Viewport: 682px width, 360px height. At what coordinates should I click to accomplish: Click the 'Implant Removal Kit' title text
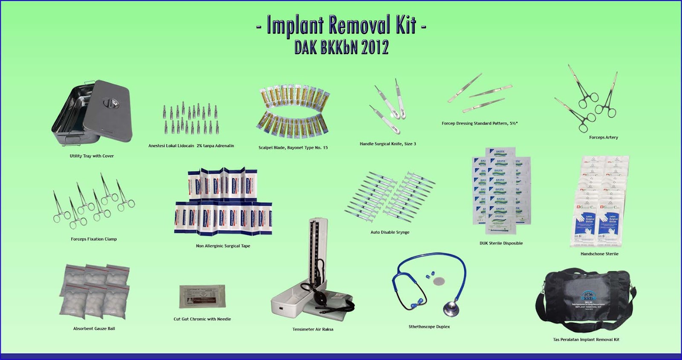(341, 25)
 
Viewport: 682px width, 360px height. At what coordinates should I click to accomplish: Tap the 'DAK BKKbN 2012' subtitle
(341, 47)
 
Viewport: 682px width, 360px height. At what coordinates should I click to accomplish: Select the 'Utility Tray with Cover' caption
(92, 156)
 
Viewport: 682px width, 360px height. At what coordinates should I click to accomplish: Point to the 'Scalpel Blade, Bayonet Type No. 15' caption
(293, 148)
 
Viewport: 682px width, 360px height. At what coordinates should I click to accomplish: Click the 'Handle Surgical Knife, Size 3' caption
(387, 144)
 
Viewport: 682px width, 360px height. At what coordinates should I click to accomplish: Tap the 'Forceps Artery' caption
(603, 137)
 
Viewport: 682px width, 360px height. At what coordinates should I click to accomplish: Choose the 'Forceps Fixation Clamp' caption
(94, 239)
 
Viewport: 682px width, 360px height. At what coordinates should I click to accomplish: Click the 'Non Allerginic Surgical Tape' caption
(223, 246)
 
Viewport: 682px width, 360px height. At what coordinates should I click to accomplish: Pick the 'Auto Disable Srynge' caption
(390, 232)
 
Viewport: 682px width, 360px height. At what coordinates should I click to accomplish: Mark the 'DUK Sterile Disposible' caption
(501, 243)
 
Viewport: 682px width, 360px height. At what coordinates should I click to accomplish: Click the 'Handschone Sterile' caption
(599, 254)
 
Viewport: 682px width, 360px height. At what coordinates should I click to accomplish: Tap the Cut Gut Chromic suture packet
(202, 296)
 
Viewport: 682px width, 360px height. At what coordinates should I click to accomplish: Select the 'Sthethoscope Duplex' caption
(429, 327)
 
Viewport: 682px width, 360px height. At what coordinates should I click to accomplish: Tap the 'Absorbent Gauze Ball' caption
(94, 328)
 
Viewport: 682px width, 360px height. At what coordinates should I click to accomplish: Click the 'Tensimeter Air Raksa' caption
(312, 329)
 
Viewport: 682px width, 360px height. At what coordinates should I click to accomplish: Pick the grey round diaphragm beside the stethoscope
(438, 282)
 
